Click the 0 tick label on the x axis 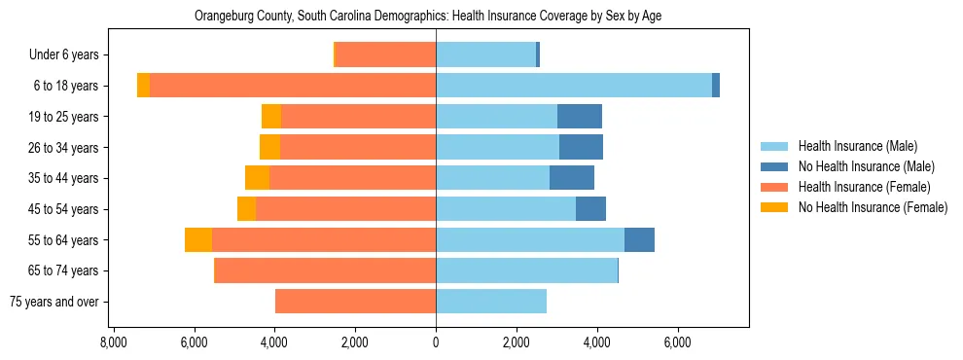[436, 342]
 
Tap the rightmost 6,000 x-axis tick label [677, 342]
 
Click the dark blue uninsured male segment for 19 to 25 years [580, 117]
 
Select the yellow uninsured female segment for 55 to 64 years [198, 240]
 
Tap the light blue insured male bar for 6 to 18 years [574, 86]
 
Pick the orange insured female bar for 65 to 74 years [325, 270]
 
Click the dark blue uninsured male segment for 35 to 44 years [572, 178]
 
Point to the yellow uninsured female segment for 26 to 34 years [269, 147]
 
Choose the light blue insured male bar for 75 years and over [491, 302]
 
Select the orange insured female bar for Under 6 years [385, 54]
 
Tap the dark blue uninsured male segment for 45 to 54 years [590, 209]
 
